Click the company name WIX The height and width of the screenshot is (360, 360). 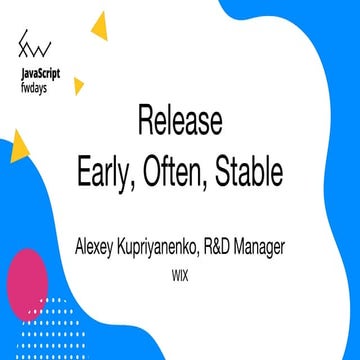tap(181, 269)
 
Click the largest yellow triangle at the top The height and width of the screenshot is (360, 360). tap(98, 25)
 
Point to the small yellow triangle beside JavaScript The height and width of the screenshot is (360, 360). tap(78, 86)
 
